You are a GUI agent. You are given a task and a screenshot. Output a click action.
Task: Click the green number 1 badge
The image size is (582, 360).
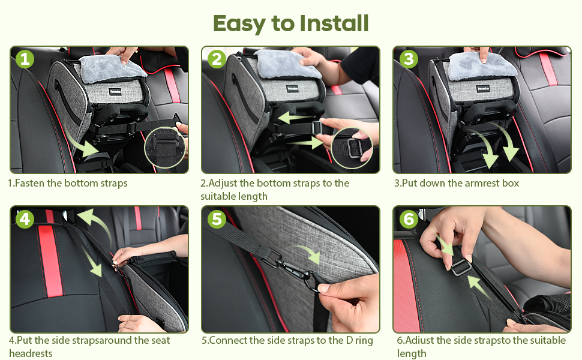[x=25, y=59]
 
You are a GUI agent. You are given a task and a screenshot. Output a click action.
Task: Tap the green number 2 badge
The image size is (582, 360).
[x=217, y=59]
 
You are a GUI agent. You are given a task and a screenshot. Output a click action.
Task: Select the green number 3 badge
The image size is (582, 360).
[x=409, y=59]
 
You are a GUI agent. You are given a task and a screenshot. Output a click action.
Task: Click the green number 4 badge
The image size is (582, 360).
[x=25, y=219]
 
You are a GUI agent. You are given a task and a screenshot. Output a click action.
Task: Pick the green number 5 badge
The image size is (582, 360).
[x=217, y=219]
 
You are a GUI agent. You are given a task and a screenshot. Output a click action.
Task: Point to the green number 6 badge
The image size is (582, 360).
[x=409, y=219]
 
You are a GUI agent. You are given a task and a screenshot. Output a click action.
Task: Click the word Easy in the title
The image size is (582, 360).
[x=239, y=24]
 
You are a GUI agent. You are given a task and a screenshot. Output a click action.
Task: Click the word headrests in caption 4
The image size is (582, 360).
[x=31, y=353]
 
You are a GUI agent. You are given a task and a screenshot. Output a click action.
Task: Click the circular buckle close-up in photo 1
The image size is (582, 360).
[x=165, y=148]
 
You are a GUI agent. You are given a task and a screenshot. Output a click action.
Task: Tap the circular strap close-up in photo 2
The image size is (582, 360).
[x=352, y=148]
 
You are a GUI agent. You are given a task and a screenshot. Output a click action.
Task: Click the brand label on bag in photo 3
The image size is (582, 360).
[x=483, y=89]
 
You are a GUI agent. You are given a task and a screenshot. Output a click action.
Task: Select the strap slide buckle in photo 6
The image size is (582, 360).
[x=461, y=267]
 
